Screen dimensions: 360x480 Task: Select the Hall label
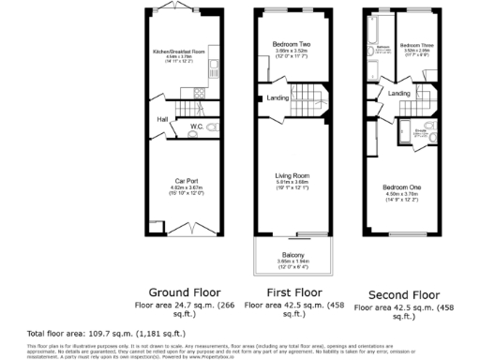(x=162, y=119)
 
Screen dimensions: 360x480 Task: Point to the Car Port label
(x=184, y=181)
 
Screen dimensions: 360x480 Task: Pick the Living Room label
(x=291, y=174)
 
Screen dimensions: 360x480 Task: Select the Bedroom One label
(x=401, y=187)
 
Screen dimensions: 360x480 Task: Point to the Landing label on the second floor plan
(x=399, y=94)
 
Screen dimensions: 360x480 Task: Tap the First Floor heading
(x=290, y=291)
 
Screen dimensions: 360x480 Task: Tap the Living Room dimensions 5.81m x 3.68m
(x=291, y=182)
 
